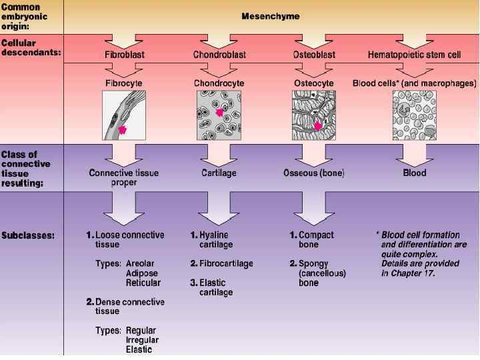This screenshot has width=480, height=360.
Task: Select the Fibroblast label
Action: [124, 54]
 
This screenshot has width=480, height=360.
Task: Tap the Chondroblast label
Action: [219, 54]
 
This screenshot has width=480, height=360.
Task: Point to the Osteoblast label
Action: [314, 54]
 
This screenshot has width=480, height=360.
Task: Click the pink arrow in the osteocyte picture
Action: [318, 125]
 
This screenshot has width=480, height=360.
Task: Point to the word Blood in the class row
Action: [414, 173]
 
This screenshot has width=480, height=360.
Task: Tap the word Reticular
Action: [143, 283]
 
